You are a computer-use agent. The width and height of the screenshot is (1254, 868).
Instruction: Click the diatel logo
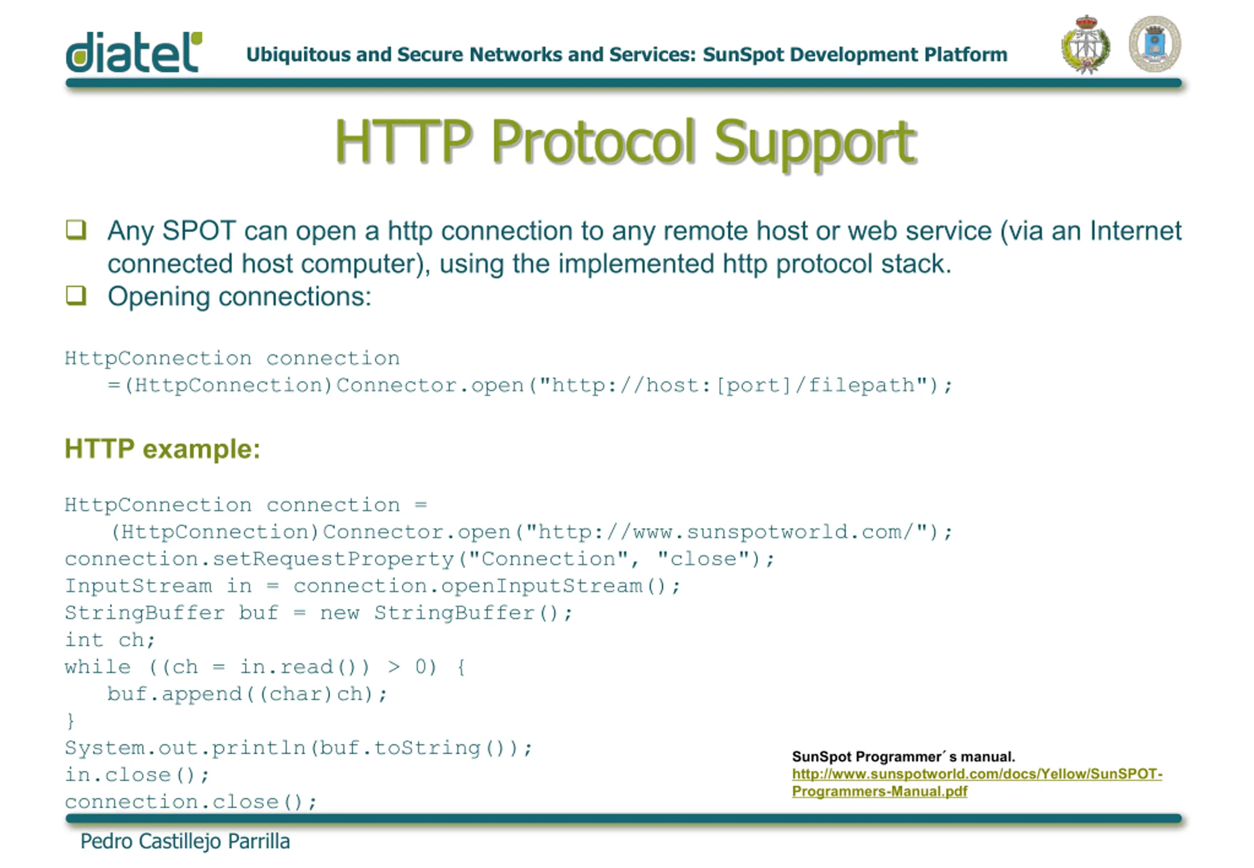coord(134,52)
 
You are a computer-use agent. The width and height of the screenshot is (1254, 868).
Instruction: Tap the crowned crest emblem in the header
coord(1085,44)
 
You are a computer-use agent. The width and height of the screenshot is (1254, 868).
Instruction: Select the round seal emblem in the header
coord(1155,44)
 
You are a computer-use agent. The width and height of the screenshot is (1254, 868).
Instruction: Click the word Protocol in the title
coord(593,142)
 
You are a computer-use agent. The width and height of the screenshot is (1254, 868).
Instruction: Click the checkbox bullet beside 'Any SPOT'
coord(76,230)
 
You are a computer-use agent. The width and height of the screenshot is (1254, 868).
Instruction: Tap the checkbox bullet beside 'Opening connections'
coord(76,295)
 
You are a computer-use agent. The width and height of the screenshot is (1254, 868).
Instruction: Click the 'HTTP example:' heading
coord(163,449)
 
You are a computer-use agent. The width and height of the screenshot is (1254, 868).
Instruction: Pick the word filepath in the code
coord(861,385)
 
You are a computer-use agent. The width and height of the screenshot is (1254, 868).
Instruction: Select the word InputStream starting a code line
coord(139,586)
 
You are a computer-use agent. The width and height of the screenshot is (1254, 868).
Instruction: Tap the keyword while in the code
coord(98,667)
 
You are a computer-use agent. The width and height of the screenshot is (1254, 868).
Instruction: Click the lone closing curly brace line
coord(70,721)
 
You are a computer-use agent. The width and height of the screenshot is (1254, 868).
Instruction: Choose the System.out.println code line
coord(298,748)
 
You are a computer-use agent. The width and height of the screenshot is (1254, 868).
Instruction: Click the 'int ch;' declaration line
coord(110,640)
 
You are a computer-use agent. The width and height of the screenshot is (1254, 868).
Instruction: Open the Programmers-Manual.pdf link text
coord(879,791)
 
